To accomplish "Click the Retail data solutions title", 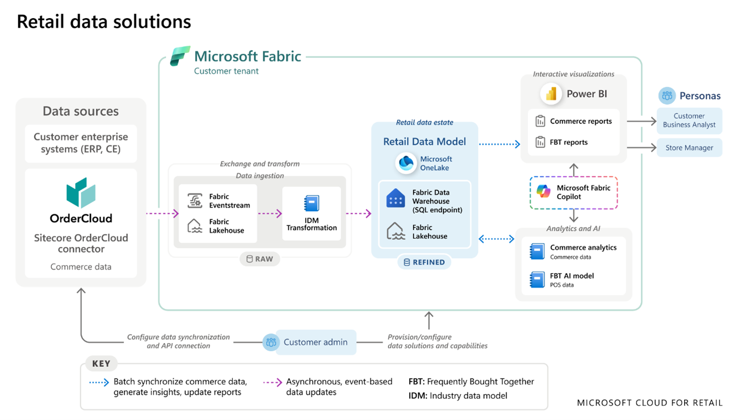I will point(104,21).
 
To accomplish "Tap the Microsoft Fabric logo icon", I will point(180,56).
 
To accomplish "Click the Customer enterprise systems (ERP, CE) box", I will point(81,143).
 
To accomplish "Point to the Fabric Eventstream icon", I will point(195,201).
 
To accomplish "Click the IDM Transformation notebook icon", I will point(311,204).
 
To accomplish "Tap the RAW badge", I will point(259,259).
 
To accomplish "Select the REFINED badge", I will point(424,262).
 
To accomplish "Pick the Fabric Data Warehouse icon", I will point(395,199).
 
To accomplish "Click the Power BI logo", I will point(550,94).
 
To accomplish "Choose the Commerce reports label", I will point(580,121).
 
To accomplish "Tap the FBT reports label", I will point(569,142).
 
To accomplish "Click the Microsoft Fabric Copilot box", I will point(573,192).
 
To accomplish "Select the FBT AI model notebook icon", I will point(537,279).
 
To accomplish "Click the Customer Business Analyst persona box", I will point(689,120).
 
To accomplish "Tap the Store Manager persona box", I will point(689,148).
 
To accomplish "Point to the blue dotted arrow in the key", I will point(99,383).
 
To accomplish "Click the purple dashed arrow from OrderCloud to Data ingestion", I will point(162,214).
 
